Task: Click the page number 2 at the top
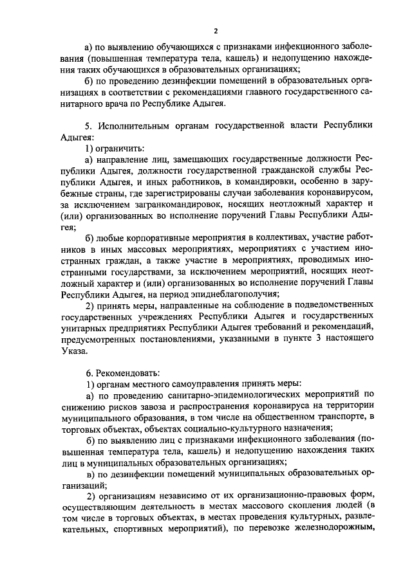pyautogui.click(x=216, y=30)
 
